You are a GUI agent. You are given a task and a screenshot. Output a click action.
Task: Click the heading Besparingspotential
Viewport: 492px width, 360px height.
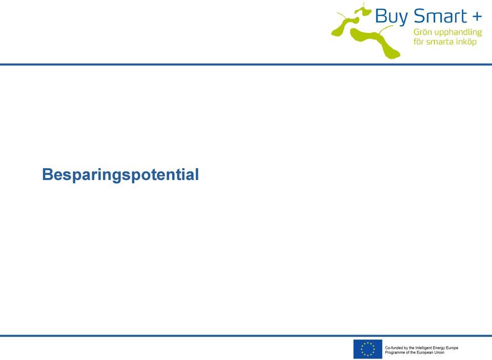[x=120, y=175]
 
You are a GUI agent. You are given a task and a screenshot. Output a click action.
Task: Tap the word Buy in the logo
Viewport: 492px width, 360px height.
[x=391, y=16]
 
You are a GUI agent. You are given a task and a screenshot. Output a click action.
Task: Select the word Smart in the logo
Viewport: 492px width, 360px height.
[x=440, y=16]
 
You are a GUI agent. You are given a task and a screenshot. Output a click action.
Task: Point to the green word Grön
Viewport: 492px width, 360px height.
[x=423, y=32]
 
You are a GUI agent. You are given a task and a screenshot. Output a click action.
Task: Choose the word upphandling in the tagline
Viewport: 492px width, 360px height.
[x=458, y=33]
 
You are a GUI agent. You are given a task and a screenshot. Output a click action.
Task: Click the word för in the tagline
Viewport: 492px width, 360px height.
[x=418, y=42]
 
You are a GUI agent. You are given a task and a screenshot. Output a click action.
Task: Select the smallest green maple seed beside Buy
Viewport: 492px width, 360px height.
[x=363, y=10]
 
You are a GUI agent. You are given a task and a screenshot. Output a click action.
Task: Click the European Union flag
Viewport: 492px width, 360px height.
[x=368, y=349]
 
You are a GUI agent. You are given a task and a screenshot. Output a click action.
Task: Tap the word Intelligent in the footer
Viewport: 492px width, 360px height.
[x=424, y=348]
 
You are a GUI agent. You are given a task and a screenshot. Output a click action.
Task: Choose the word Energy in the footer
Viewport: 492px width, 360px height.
[x=440, y=348]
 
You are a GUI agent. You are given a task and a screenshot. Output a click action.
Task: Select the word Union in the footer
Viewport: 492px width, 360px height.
[x=439, y=352]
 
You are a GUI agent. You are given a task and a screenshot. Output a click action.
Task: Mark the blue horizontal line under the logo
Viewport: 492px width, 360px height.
[x=246, y=65]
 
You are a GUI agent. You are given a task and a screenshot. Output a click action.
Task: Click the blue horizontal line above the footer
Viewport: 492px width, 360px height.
[x=246, y=336]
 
